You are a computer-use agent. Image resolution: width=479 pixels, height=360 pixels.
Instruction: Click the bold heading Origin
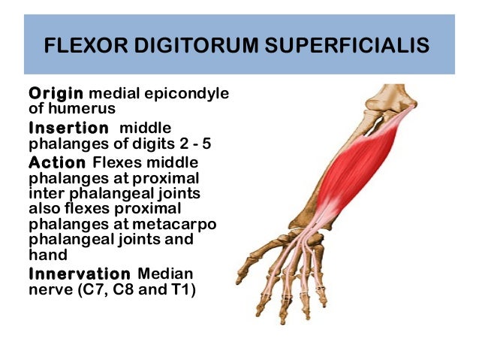click(56, 94)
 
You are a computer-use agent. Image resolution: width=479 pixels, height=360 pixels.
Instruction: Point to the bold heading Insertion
click(68, 128)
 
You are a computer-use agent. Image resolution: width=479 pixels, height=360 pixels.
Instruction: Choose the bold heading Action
click(57, 162)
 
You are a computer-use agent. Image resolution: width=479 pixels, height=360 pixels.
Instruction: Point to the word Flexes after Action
click(116, 162)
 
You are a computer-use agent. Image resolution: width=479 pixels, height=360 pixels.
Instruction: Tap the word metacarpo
click(188, 225)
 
